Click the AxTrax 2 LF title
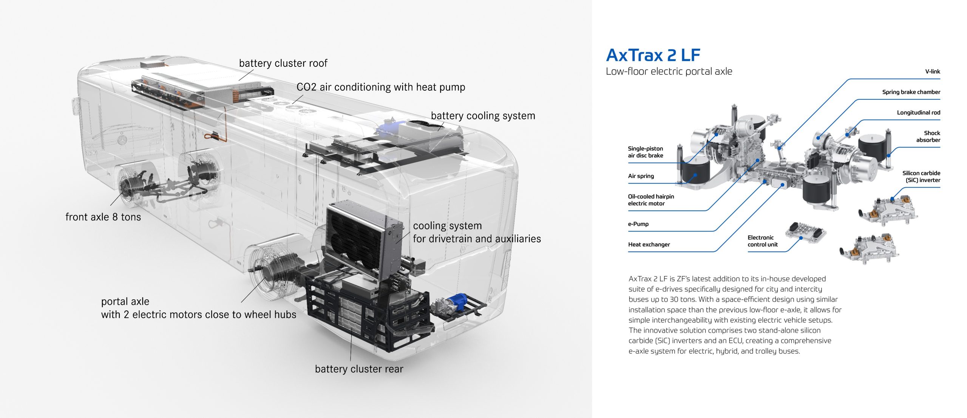click(653, 55)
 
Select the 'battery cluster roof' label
click(283, 63)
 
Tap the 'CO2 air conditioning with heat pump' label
click(381, 87)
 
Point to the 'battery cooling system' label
click(483, 116)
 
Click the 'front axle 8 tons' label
click(103, 217)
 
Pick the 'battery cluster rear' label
click(359, 369)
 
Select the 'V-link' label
click(933, 71)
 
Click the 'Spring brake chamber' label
click(911, 92)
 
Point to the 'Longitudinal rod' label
click(919, 113)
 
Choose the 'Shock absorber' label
click(928, 136)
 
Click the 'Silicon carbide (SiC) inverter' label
click(921, 176)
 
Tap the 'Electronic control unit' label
click(763, 241)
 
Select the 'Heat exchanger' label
click(649, 244)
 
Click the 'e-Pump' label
click(638, 224)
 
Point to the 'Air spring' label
click(641, 176)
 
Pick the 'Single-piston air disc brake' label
click(646, 152)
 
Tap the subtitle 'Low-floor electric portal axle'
click(669, 71)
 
